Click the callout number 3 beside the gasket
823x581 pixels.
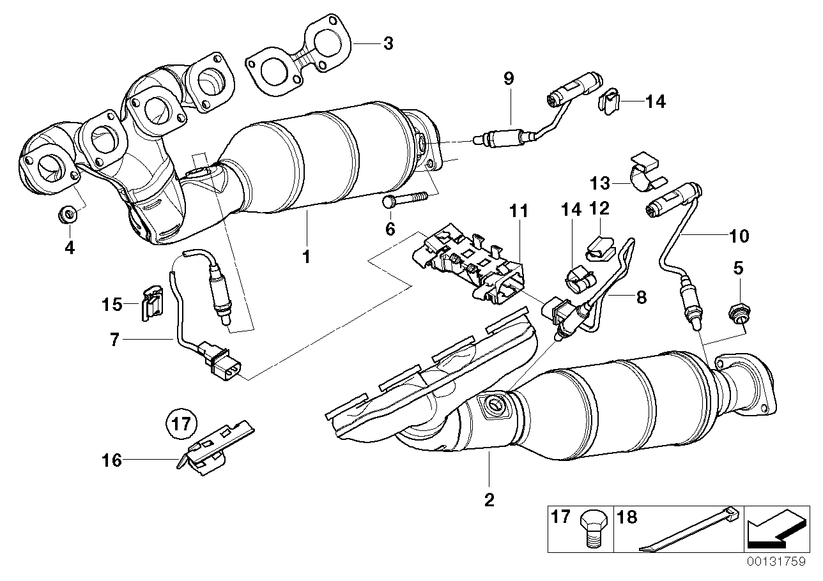click(388, 44)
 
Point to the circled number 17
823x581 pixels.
click(180, 423)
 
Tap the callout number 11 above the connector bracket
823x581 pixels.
click(519, 209)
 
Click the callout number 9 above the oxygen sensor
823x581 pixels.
click(508, 79)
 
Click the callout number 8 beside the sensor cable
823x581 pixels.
click(640, 297)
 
